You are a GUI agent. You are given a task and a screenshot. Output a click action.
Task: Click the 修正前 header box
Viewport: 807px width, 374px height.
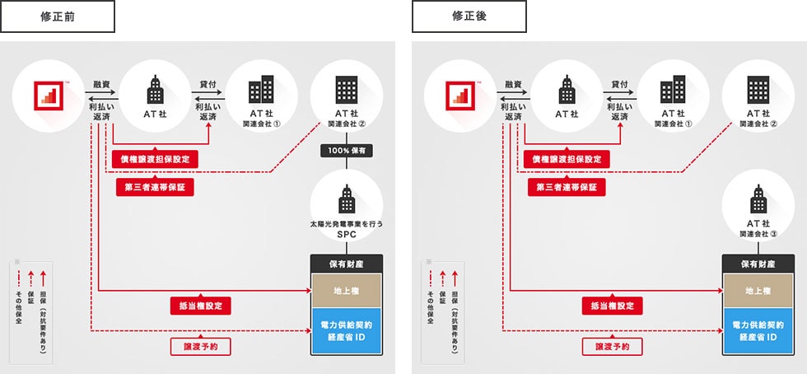point(58,16)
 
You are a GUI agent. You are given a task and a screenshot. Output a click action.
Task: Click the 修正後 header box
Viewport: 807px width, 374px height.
point(469,16)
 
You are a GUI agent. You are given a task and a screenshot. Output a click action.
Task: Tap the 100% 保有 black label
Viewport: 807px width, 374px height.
point(347,151)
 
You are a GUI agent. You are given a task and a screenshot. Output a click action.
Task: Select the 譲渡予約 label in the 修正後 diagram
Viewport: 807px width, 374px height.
point(612,347)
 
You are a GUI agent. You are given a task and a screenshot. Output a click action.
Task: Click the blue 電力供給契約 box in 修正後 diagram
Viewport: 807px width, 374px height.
point(758,332)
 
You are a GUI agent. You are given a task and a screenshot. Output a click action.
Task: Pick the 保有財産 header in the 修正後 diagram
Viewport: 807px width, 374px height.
point(758,264)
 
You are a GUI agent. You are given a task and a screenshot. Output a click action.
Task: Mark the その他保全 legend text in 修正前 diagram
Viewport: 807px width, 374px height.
point(19,310)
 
